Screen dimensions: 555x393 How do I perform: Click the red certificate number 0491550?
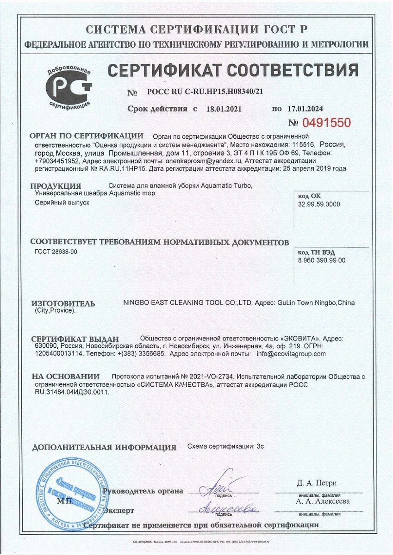click(x=326, y=123)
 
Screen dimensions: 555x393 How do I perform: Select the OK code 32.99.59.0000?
click(x=319, y=204)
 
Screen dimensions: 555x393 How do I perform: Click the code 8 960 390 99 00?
click(x=322, y=260)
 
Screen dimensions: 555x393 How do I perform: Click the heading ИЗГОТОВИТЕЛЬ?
click(x=62, y=303)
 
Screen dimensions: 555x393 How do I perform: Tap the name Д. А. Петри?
click(x=317, y=483)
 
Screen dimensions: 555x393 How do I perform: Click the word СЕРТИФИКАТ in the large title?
click(x=158, y=70)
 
